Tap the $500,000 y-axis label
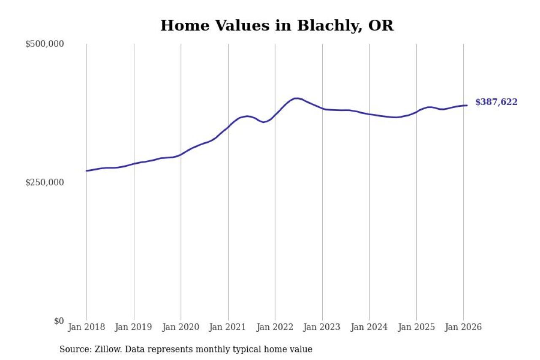(44, 44)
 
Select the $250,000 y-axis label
(44, 182)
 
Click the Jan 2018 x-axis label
(86, 327)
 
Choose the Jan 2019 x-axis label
(134, 327)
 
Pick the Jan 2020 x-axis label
(181, 327)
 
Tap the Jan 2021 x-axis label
(228, 327)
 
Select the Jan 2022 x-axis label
(275, 327)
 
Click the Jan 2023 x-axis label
(322, 327)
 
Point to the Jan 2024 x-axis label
(369, 327)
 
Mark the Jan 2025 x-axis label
(416, 327)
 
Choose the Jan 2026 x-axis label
(463, 327)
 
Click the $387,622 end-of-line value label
(496, 102)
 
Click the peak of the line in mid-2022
(297, 98)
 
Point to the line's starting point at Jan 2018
(87, 171)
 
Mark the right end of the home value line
(467, 105)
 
